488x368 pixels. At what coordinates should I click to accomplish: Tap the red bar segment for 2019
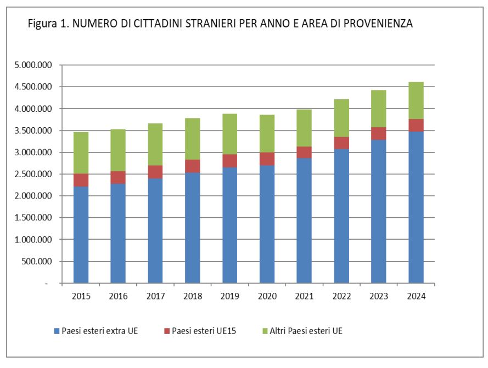point(230,161)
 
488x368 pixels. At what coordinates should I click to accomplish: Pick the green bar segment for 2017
point(155,144)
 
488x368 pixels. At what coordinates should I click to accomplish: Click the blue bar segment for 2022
point(341,216)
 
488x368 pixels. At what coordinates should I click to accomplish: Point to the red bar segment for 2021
point(304,152)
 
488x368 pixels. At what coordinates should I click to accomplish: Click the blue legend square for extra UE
point(56,331)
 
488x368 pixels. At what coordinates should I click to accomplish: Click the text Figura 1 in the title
point(48,24)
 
